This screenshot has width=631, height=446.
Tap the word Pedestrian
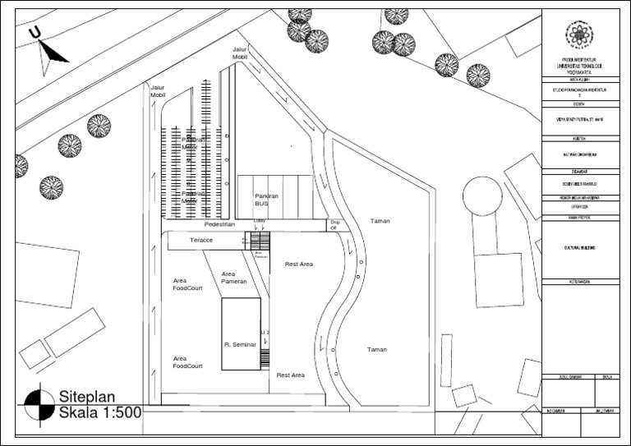coord(219,223)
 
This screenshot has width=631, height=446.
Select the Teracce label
coord(201,240)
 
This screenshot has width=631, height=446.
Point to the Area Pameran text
coord(233,278)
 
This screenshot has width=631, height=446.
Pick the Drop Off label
coord(334,225)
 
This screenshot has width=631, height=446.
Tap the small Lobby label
coord(260,221)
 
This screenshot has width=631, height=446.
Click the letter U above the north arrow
coord(35,32)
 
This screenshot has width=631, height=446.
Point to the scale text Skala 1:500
coord(99,412)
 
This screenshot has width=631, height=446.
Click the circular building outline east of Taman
coord(482,197)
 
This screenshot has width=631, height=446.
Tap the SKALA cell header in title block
coord(608,377)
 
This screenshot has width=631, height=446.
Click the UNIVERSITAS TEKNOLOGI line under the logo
coord(583,66)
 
